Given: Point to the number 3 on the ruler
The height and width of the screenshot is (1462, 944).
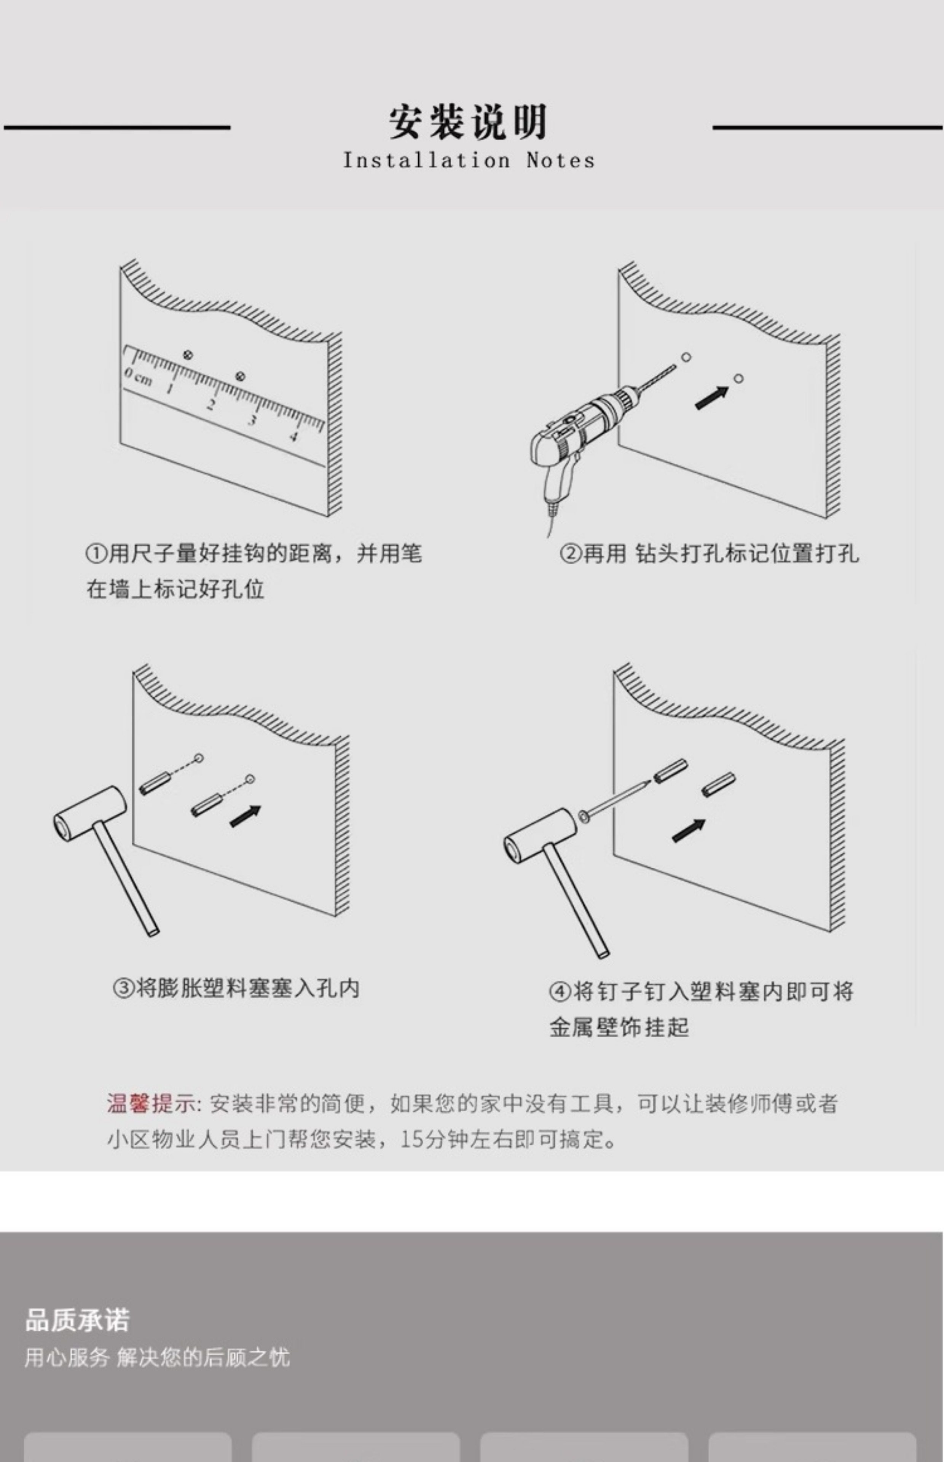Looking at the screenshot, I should (251, 421).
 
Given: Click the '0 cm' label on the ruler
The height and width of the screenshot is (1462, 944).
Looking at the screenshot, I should (138, 377).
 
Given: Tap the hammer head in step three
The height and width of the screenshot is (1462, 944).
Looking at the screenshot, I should (91, 809).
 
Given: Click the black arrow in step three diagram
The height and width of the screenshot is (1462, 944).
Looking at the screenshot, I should (245, 816).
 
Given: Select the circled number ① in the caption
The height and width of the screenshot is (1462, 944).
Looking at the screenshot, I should (96, 554).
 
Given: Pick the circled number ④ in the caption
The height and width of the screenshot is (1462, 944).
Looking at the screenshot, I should (559, 991).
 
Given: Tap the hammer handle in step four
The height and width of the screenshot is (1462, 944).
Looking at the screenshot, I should (576, 901).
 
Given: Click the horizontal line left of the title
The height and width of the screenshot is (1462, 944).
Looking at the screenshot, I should (116, 128).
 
